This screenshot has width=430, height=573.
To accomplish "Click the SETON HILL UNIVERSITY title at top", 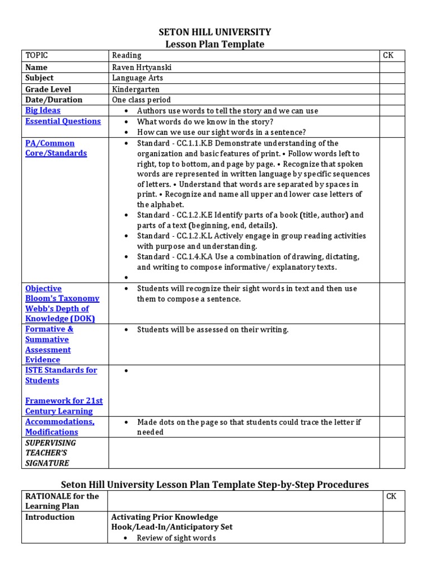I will (x=215, y=32).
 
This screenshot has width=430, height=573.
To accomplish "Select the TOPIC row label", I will (x=36, y=55).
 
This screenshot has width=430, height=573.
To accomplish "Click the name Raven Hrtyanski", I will (x=142, y=67).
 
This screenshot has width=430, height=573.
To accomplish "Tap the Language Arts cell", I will (x=138, y=78).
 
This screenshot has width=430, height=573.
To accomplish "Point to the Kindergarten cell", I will (x=135, y=89).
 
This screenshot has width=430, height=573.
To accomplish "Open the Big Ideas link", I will (x=44, y=110).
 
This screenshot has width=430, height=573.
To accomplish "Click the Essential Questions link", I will (x=63, y=121).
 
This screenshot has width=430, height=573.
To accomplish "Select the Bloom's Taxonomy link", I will (x=62, y=298).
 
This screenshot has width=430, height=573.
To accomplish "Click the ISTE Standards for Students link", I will (x=61, y=375).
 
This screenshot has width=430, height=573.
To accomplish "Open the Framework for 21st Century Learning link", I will (x=64, y=406).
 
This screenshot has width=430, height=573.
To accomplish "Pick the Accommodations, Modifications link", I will (x=60, y=426).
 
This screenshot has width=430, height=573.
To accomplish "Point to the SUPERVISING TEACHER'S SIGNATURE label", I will (x=50, y=453).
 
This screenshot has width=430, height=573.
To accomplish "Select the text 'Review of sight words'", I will (x=176, y=538).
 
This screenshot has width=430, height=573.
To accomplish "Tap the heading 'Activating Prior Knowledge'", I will (x=165, y=517).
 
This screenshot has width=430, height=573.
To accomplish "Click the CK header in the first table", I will (x=388, y=55).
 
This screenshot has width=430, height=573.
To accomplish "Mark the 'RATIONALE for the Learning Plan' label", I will (x=62, y=501).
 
